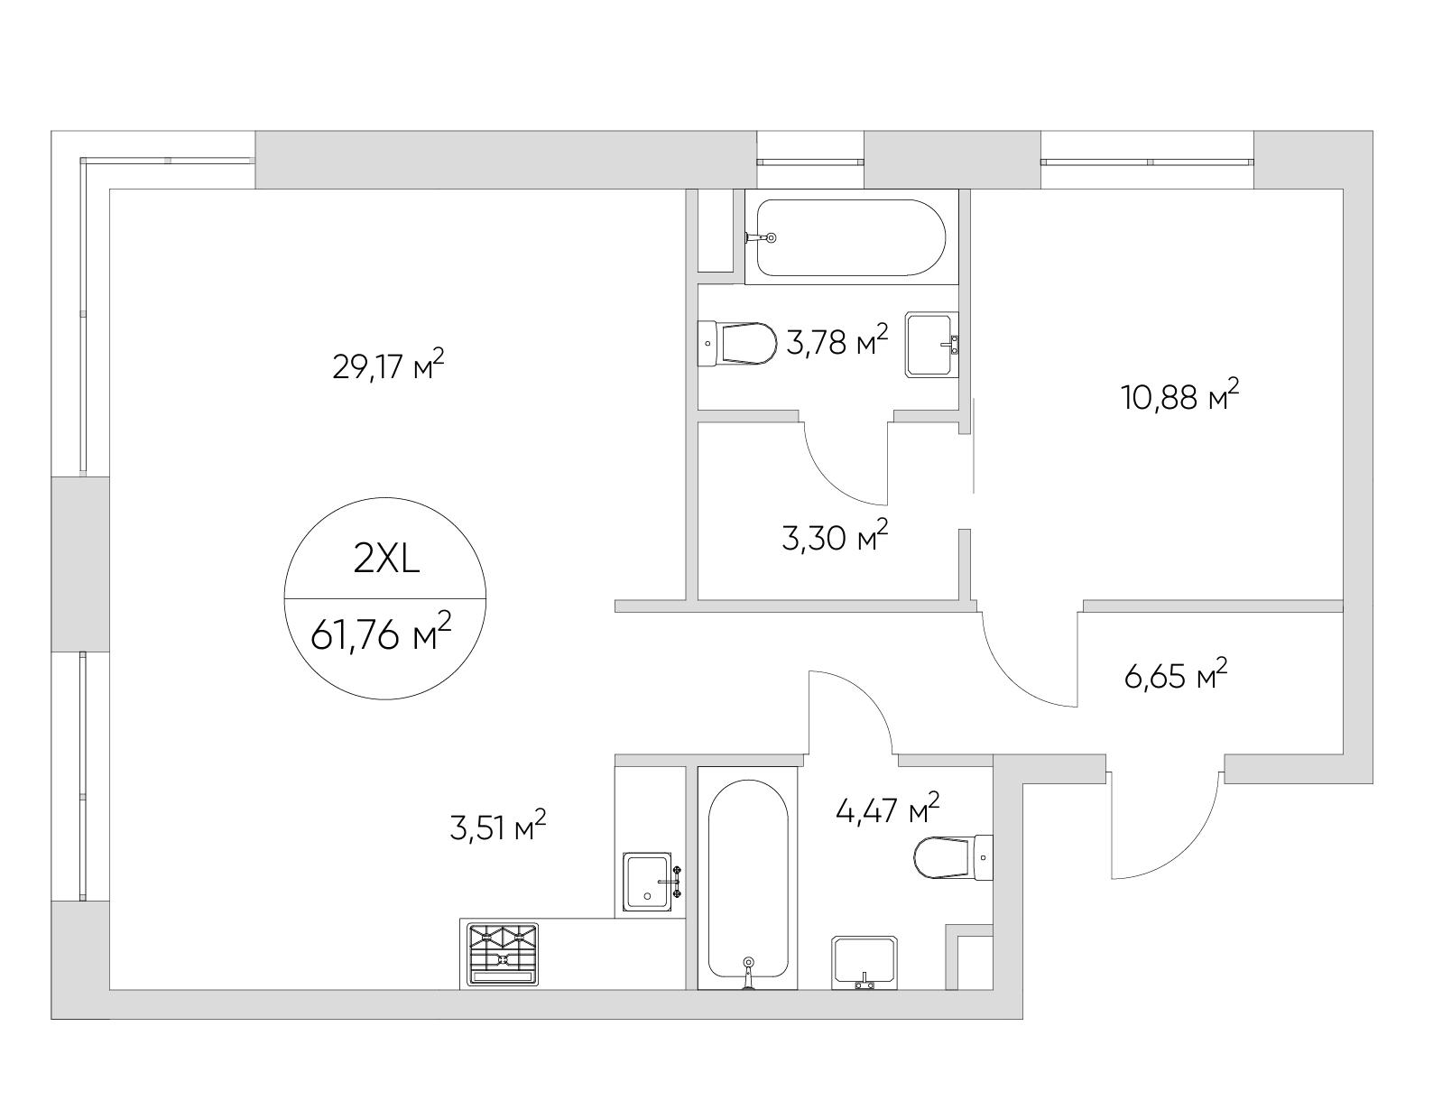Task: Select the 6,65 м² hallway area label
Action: [1176, 674]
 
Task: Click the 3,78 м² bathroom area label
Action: [837, 341]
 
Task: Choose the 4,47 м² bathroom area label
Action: [887, 809]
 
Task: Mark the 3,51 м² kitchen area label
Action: [498, 827]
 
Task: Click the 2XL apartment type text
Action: [386, 560]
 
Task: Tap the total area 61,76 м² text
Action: [381, 633]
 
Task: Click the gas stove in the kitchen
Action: [503, 954]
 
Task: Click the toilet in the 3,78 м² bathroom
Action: [737, 344]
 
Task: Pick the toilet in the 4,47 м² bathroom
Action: [954, 857]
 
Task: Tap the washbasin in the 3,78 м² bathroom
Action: [932, 344]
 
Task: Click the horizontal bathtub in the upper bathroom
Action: [851, 237]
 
